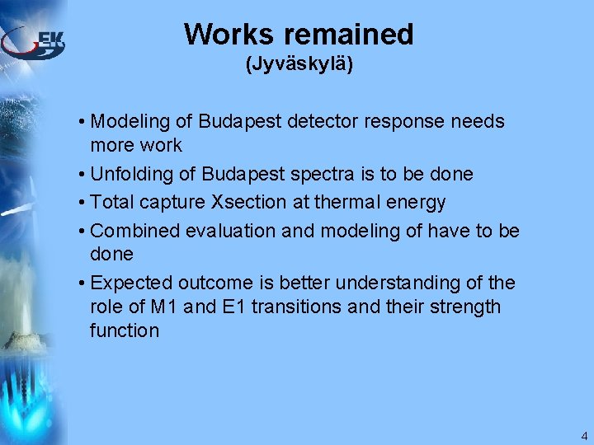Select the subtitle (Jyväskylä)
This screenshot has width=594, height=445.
[x=299, y=64]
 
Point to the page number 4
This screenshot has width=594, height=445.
[x=584, y=436]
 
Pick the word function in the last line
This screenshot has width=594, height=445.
[x=125, y=330]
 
